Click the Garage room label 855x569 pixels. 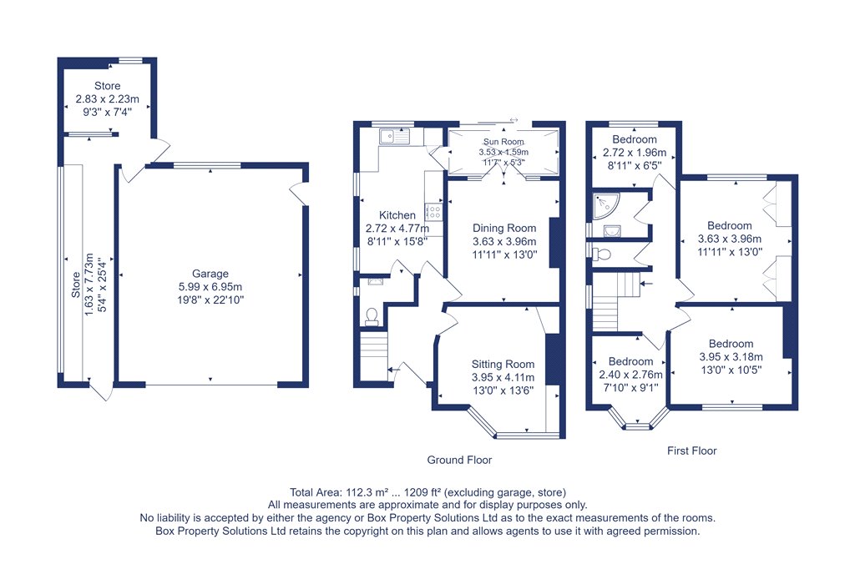(x=210, y=274)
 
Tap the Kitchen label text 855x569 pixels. (x=397, y=215)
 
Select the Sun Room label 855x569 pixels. (x=503, y=142)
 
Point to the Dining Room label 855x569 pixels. (x=503, y=228)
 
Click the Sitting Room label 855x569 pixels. (x=503, y=364)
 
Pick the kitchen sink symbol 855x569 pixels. (x=395, y=136)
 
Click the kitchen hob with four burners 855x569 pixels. (x=434, y=211)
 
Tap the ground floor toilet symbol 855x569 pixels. (x=372, y=317)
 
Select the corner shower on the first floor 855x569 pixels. (x=606, y=205)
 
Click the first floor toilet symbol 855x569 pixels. (x=600, y=254)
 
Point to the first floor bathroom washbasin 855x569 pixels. (x=612, y=232)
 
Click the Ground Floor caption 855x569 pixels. (x=459, y=460)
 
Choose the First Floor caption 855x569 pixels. (x=691, y=451)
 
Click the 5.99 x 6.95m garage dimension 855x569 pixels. (x=210, y=287)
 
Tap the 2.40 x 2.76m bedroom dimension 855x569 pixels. (x=630, y=375)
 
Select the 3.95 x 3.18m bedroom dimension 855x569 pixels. (x=731, y=357)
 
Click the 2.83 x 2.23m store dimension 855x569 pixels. (x=107, y=99)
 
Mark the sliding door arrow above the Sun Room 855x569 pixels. (x=514, y=120)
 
